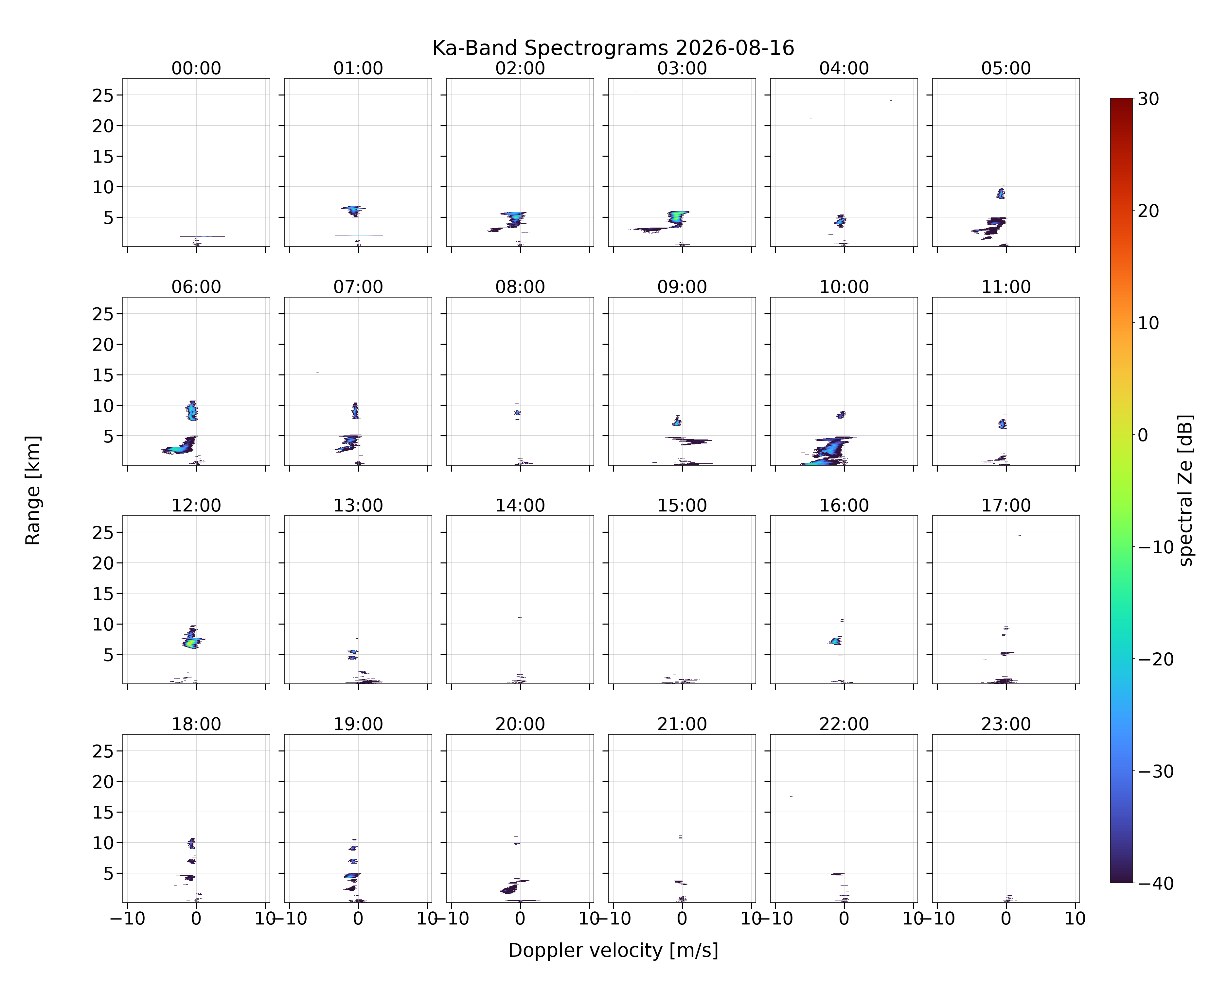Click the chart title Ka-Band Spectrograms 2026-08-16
(613, 48)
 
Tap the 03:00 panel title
(682, 68)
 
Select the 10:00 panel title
(844, 287)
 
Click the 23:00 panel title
(1005, 724)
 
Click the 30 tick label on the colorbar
(1148, 99)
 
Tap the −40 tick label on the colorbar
(1155, 883)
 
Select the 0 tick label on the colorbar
(1143, 435)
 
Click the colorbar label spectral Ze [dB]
(1185, 490)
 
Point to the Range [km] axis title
(33, 490)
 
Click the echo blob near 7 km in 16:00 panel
(835, 641)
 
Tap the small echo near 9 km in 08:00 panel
(517, 413)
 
